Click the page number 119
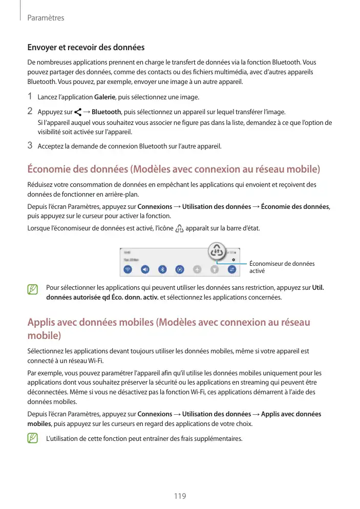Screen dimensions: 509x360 coord(180,496)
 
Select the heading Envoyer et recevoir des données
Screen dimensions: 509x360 coord(86,48)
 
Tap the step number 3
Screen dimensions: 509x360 coord(30,146)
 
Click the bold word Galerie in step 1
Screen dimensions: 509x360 coord(104,97)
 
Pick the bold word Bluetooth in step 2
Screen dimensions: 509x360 coord(106,112)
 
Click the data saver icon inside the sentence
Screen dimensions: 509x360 coord(179,228)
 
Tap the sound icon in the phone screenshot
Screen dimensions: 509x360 coord(145,269)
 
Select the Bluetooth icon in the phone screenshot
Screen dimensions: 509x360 coord(162,269)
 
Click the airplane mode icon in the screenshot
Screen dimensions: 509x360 coord(198,269)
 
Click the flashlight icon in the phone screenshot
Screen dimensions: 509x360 coord(215,269)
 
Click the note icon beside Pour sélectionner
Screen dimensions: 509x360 coord(33,289)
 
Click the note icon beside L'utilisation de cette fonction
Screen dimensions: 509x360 coord(33,438)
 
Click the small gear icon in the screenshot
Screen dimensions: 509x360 coord(234,260)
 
